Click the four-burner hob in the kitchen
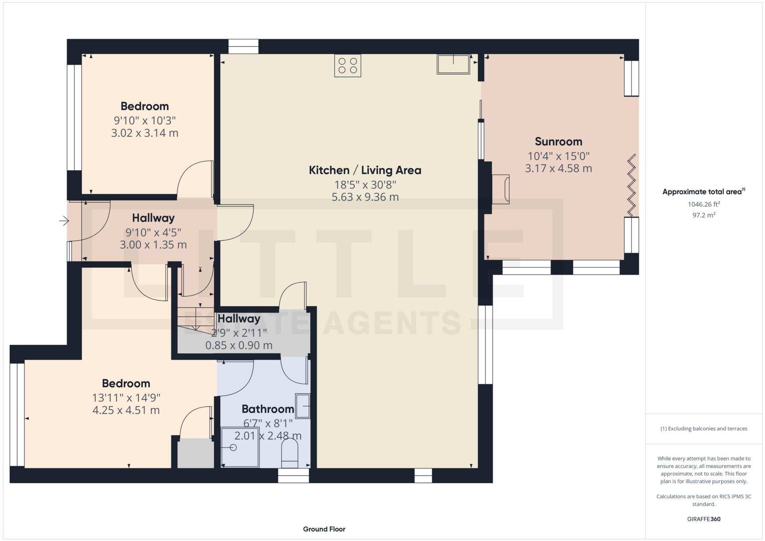348,66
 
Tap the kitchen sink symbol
453,64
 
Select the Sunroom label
558,142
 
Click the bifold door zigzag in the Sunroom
631,185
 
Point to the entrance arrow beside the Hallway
64,220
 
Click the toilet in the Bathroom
290,453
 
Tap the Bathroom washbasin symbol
303,406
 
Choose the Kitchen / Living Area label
365,170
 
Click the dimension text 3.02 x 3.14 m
144,133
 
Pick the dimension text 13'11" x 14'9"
126,397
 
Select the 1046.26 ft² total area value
704,204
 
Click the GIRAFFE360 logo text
704,519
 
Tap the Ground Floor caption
324,529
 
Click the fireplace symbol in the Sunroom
501,189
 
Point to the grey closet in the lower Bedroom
195,453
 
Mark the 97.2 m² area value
704,215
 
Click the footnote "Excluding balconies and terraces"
704,429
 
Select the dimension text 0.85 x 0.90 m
239,345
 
